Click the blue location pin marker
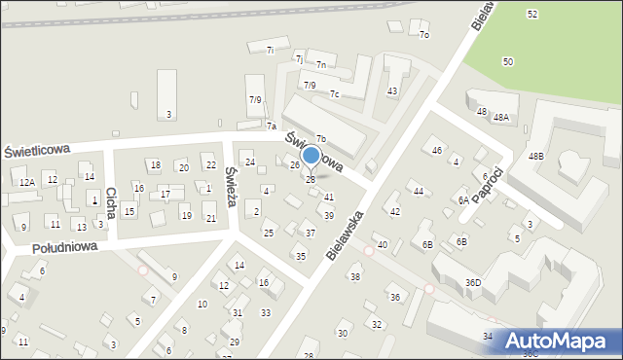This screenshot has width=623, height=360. (x=311, y=157)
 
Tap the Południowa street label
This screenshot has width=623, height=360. (x=64, y=248)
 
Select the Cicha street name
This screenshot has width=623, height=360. (x=111, y=202)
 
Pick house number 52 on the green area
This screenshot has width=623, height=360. (x=531, y=14)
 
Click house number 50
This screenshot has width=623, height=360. (x=508, y=61)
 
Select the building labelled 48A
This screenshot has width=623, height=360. (x=501, y=117)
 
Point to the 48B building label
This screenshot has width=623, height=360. (x=536, y=157)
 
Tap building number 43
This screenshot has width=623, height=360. (x=392, y=90)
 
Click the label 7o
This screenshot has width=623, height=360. (x=423, y=35)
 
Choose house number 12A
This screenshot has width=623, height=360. (x=26, y=182)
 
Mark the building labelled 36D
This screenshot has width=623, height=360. (x=473, y=283)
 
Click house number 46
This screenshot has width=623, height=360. (x=437, y=150)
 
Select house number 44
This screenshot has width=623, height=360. (x=419, y=191)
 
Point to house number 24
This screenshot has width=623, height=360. (x=249, y=162)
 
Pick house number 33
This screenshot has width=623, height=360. (x=266, y=312)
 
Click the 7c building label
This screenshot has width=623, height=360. (x=334, y=94)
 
